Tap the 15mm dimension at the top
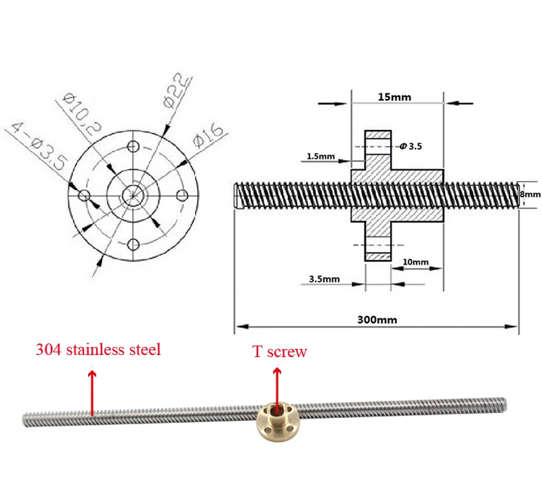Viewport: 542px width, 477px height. pyautogui.click(x=394, y=97)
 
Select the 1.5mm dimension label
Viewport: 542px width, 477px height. pyautogui.click(x=320, y=157)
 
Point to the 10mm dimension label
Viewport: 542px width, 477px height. pyautogui.click(x=415, y=262)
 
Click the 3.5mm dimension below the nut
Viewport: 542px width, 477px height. pyautogui.click(x=323, y=278)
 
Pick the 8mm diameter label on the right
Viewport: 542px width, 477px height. pyautogui.click(x=530, y=194)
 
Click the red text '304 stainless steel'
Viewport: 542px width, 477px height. pyautogui.click(x=98, y=350)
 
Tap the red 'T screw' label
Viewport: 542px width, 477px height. pyautogui.click(x=279, y=352)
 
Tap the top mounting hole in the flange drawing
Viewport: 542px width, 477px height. pyautogui.click(x=133, y=147)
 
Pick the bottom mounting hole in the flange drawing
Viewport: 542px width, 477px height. pyautogui.click(x=133, y=245)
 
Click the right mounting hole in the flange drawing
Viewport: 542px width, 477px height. pyautogui.click(x=182, y=196)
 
